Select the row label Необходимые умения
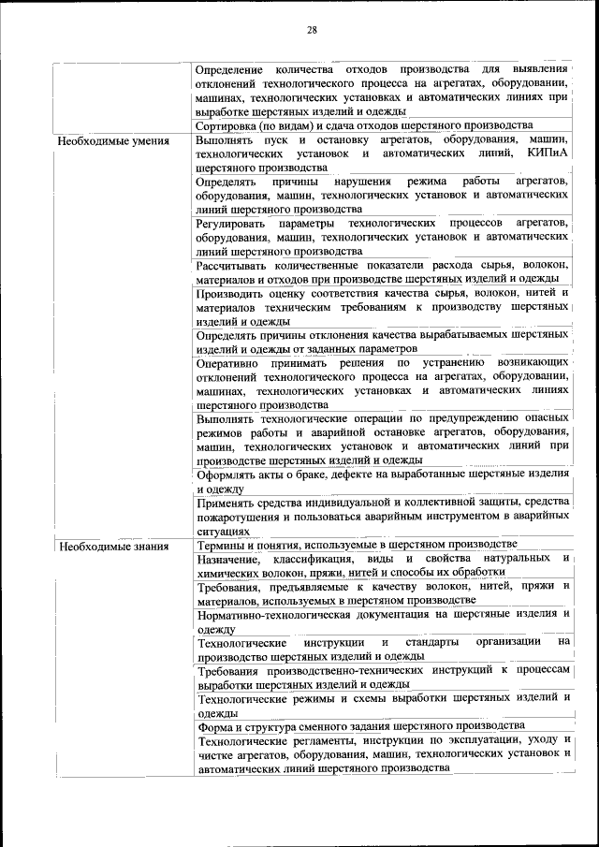112,141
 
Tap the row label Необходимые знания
112,547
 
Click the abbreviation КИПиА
548,153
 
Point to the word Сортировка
228,125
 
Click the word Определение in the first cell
233,70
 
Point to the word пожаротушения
234,517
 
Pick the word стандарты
431,643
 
